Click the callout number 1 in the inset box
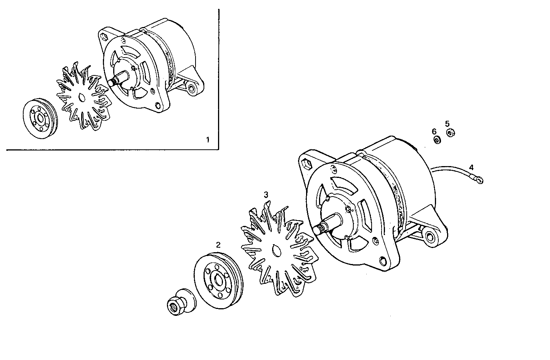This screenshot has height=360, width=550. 208,139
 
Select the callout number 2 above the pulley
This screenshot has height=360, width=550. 218,245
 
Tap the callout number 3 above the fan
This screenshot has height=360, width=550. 266,195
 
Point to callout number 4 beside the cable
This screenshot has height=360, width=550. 471,167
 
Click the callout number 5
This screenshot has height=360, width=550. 447,124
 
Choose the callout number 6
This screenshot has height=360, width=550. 434,131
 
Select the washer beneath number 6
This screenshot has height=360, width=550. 437,140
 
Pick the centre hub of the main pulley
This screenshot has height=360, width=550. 218,281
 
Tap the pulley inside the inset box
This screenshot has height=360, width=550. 39,120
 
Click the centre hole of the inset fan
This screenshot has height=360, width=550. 82,98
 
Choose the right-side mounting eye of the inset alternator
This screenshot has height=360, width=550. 191,89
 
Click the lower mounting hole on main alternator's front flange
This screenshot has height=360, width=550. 383,261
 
